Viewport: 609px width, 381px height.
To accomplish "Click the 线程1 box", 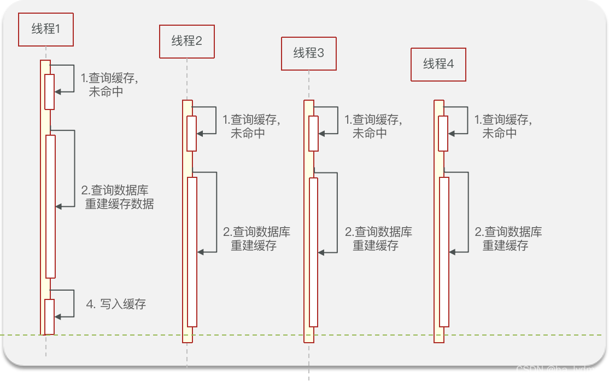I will click(45, 29).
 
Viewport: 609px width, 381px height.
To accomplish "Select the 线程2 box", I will click(186, 41).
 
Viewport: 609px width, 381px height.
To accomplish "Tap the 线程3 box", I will click(308, 53).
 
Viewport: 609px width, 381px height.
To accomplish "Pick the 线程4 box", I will click(438, 64).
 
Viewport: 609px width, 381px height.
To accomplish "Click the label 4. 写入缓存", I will click(116, 304).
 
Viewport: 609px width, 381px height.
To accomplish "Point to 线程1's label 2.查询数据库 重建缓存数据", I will click(118, 197).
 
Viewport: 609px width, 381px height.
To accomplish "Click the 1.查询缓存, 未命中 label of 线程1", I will click(109, 84).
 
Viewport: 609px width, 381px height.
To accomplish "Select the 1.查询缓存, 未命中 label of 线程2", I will click(251, 126).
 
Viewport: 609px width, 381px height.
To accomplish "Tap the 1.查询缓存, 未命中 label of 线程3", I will click(373, 126).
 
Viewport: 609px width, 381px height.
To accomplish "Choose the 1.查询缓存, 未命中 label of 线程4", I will click(503, 126).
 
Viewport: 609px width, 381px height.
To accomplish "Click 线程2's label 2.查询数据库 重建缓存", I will click(256, 239).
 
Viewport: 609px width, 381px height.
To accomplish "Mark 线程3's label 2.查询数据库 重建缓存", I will click(378, 239).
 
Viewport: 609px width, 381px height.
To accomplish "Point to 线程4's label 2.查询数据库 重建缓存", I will click(508, 239).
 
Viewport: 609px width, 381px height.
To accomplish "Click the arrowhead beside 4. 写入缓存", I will click(58, 316).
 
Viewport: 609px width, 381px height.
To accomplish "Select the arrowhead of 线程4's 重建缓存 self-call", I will click(453, 252).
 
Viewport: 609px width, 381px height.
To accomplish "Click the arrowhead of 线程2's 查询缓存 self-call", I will click(200, 133).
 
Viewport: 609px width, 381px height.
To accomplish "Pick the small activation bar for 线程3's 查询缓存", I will click(313, 133).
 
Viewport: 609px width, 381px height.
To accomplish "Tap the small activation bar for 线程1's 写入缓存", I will click(50, 316).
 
